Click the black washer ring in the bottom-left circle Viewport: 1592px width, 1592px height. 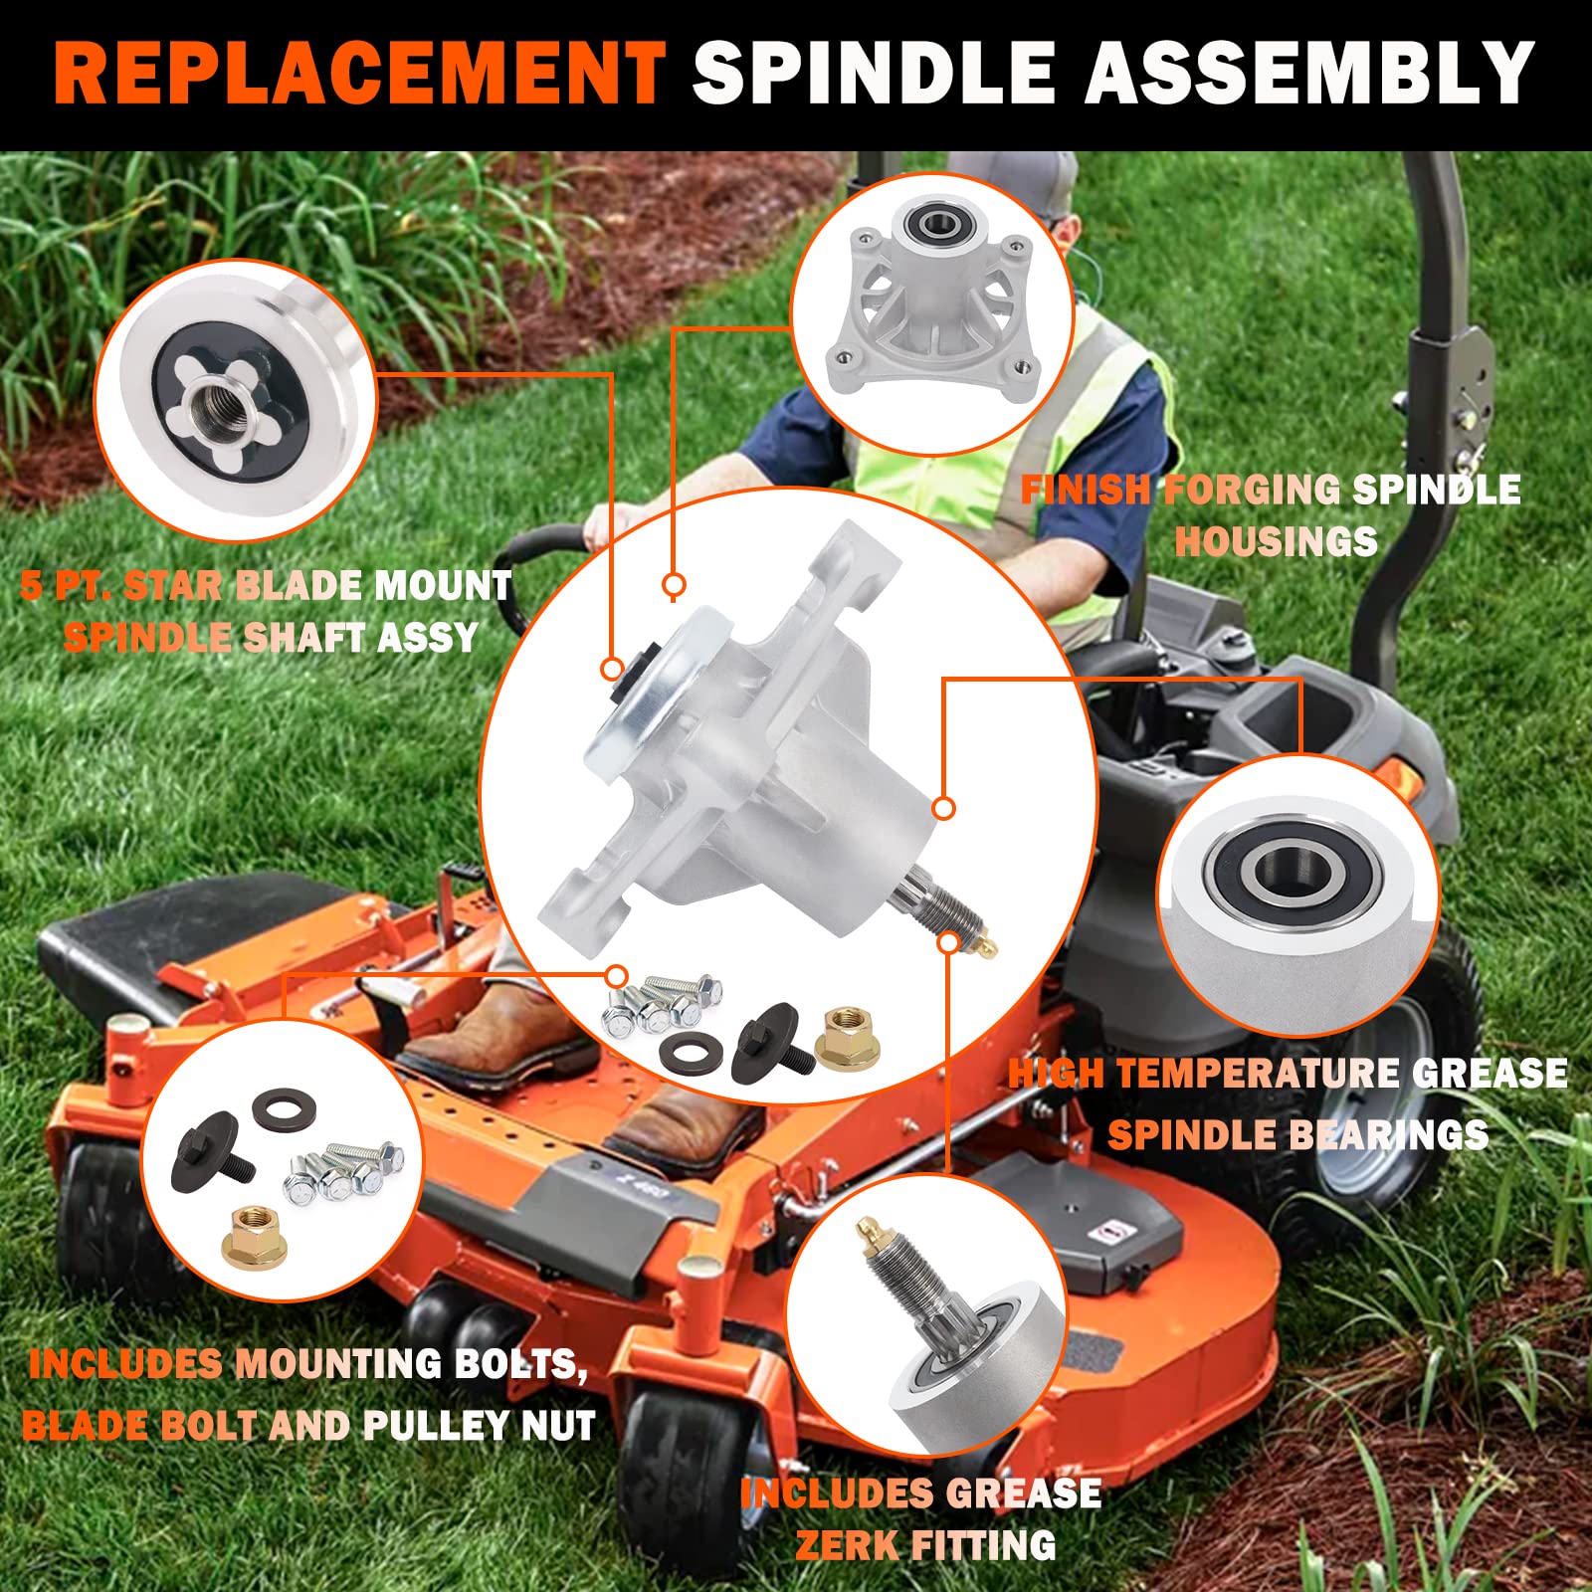point(285,1107)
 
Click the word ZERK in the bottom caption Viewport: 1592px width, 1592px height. point(847,1545)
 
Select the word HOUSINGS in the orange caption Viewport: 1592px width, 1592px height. point(1276,542)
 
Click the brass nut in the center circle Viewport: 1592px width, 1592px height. point(847,1040)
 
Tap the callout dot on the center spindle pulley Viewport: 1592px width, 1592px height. point(612,669)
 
